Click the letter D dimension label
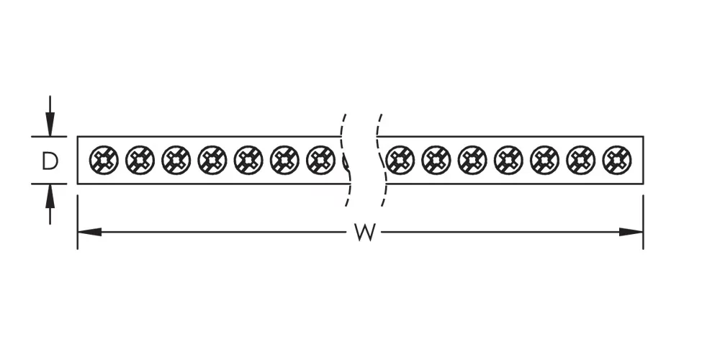[x=49, y=161]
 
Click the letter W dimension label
[x=365, y=233]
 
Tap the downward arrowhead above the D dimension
[x=49, y=125]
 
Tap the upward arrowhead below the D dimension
[x=49, y=194]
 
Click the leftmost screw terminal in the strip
[x=104, y=160]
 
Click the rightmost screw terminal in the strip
[x=617, y=160]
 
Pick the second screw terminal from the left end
[x=140, y=160]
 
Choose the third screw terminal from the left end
[x=176, y=160]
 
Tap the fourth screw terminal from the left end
[x=212, y=160]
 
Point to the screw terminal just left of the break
[x=320, y=160]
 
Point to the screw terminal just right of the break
[x=400, y=160]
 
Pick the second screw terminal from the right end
[x=581, y=160]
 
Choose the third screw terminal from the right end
[x=545, y=160]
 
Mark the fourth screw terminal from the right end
[x=508, y=160]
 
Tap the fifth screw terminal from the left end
[x=248, y=160]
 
